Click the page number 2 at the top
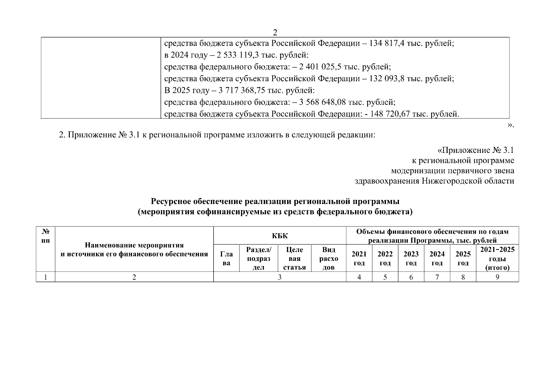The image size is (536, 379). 275,33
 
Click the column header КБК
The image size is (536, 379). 280,236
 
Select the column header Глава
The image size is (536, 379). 226,258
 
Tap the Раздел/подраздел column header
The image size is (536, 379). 259,258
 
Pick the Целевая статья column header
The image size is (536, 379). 294,258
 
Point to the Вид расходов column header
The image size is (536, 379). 329,258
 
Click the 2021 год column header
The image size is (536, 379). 359,258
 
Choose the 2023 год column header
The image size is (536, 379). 411,258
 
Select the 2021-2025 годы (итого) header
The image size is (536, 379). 497,258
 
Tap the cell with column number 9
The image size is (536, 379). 497,277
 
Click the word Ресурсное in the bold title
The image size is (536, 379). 171,202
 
